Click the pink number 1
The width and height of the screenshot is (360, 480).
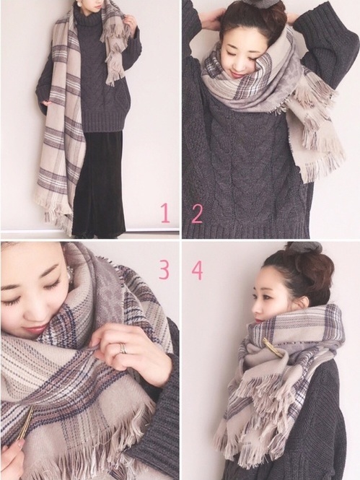165,214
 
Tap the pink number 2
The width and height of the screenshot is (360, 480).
197,214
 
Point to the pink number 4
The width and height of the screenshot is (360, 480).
197,270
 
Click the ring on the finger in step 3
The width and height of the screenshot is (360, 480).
123,348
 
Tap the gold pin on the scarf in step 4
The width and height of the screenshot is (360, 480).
273,347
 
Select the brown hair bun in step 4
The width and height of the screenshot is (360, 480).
307,267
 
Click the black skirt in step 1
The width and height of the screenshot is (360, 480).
97,183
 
